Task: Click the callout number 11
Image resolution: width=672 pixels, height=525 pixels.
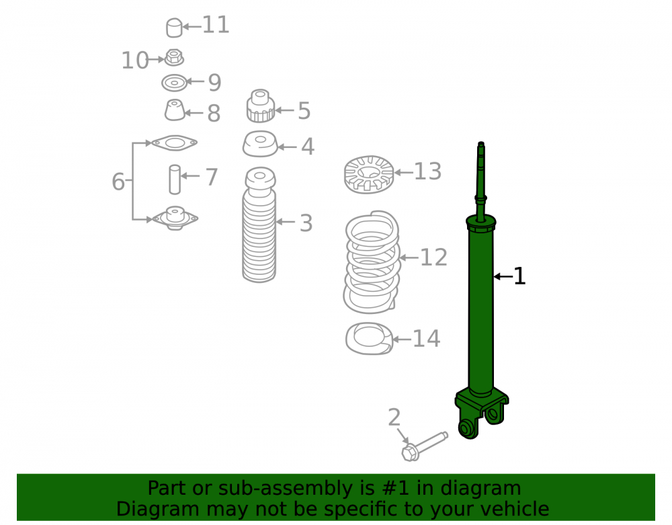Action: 216,25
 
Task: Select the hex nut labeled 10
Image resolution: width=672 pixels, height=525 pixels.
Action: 174,57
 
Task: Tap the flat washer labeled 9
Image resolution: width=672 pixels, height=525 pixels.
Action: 175,83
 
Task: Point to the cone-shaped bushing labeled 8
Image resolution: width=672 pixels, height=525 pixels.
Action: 175,110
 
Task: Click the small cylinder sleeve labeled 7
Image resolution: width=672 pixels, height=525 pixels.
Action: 175,179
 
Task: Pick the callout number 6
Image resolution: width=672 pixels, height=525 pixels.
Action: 118,181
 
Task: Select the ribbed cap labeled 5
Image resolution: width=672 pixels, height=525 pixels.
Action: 261,106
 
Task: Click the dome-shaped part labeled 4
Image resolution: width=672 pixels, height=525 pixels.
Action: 260,144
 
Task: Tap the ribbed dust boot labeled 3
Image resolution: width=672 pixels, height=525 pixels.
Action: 259,225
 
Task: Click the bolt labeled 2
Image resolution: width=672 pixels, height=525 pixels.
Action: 424,446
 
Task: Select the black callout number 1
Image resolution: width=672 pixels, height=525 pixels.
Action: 519,276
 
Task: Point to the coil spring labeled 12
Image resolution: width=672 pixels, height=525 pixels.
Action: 372,262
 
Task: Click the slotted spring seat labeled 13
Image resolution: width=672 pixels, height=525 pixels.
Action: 369,174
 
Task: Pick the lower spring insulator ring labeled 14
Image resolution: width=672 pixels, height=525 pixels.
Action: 369,339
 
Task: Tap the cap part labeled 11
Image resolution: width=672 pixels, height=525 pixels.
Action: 174,28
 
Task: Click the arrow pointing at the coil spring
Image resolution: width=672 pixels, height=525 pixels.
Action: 409,258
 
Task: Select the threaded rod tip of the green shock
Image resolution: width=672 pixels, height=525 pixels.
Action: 481,145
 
